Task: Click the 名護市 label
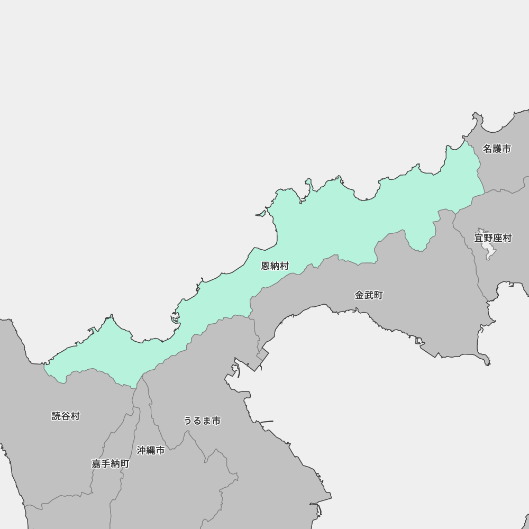click(497, 149)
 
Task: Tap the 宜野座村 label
click(492, 238)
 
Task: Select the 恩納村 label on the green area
click(275, 266)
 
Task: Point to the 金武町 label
click(369, 295)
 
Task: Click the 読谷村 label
click(66, 416)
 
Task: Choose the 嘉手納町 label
click(110, 463)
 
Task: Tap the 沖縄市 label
click(151, 450)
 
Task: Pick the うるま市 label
click(202, 421)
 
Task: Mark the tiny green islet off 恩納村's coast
click(260, 214)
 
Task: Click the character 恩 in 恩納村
click(266, 266)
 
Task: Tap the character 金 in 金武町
click(360, 295)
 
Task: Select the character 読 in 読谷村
click(57, 416)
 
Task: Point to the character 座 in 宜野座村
click(497, 238)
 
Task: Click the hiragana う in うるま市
click(188, 421)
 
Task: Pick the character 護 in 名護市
click(497, 149)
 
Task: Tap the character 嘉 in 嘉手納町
click(96, 463)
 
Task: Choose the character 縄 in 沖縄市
click(151, 450)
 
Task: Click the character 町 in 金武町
click(378, 295)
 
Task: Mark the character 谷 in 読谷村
click(66, 416)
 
